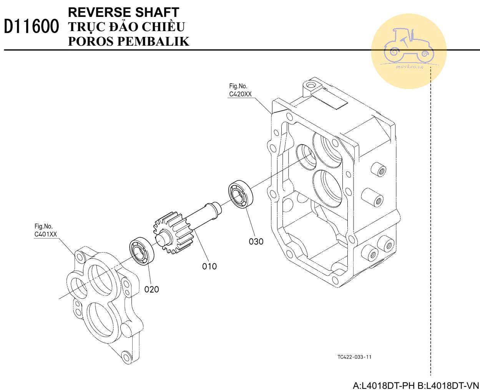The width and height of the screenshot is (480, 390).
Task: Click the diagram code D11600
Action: (32, 27)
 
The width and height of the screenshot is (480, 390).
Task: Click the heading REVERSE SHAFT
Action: (123, 12)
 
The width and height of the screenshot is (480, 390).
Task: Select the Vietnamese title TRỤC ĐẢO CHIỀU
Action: (126, 27)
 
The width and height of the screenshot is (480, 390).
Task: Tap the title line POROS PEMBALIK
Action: (128, 41)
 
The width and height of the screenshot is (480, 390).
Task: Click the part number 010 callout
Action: (209, 266)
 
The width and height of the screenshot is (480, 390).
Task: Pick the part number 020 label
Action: (151, 289)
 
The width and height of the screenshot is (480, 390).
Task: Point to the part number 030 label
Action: (256, 241)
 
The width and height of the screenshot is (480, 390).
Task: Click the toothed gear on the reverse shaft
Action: (173, 235)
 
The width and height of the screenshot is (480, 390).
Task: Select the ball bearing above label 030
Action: (241, 194)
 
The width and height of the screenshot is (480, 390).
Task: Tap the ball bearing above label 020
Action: (142, 252)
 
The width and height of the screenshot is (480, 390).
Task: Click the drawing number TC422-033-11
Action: (354, 357)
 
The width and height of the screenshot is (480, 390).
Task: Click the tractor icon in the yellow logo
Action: (408, 46)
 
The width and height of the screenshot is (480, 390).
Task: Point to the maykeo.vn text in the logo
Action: (409, 67)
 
